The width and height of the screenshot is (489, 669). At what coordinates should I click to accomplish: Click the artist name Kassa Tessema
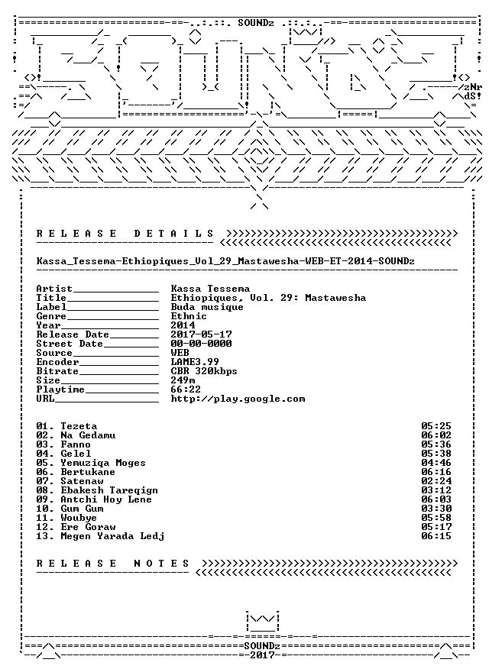pyautogui.click(x=210, y=289)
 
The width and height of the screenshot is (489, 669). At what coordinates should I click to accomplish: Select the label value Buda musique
pyautogui.click(x=207, y=307)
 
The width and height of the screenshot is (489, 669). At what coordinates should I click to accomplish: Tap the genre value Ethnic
pyautogui.click(x=189, y=316)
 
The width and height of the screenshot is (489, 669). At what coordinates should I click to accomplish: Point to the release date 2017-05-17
pyautogui.click(x=202, y=334)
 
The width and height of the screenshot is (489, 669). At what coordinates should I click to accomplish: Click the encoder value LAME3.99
pyautogui.click(x=195, y=362)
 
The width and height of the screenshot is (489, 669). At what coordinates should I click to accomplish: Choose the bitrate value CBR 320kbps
pyautogui.click(x=204, y=371)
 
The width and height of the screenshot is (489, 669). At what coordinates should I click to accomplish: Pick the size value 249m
pyautogui.click(x=183, y=380)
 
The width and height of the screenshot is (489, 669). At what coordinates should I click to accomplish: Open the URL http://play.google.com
pyautogui.click(x=238, y=399)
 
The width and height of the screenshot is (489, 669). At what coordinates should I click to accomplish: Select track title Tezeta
pyautogui.click(x=79, y=426)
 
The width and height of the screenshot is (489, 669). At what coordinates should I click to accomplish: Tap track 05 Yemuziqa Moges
pyautogui.click(x=90, y=463)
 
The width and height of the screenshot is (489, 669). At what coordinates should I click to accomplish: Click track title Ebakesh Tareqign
pyautogui.click(x=109, y=490)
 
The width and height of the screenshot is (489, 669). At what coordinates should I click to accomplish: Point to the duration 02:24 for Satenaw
pyautogui.click(x=436, y=481)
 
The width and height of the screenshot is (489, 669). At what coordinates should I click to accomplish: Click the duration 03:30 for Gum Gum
pyautogui.click(x=436, y=509)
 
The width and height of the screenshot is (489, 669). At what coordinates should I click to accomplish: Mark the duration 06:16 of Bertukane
pyautogui.click(x=436, y=472)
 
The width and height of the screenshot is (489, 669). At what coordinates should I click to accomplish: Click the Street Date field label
pyautogui.click(x=70, y=344)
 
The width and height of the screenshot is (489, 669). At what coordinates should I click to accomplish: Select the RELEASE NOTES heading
pyautogui.click(x=113, y=564)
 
